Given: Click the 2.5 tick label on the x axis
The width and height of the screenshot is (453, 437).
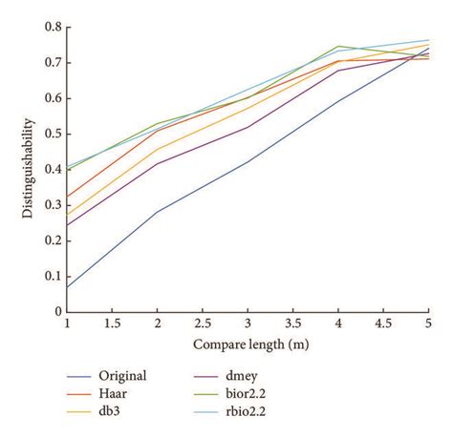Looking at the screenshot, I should [x=202, y=325].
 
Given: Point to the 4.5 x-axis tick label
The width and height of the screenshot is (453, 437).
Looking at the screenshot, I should [x=382, y=325].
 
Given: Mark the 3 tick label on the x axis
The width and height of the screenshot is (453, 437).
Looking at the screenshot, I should [x=248, y=325].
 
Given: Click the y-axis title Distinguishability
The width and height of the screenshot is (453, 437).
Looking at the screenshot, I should [x=29, y=169].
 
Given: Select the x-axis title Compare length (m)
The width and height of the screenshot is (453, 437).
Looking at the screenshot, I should [x=247, y=343].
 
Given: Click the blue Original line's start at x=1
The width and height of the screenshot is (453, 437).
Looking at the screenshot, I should [x=67, y=286].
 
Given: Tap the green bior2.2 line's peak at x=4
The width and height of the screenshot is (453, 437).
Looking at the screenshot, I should [x=338, y=46].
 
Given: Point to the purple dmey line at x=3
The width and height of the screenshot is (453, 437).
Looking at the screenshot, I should [x=248, y=127].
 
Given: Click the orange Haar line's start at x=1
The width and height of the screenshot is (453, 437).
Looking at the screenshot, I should [x=67, y=197].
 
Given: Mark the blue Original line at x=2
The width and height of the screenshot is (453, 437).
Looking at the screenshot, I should [x=157, y=212].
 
